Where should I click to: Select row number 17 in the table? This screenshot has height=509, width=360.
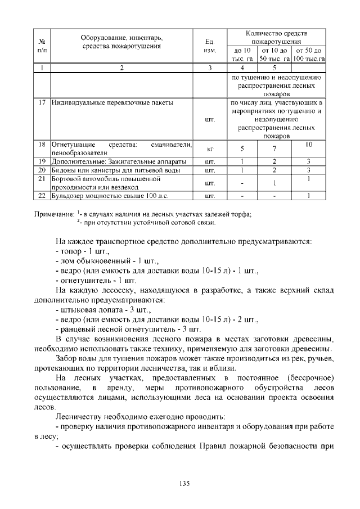(x=42, y=103)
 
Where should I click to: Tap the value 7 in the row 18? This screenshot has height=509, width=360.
(x=274, y=149)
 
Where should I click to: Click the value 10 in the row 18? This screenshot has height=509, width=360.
(x=309, y=145)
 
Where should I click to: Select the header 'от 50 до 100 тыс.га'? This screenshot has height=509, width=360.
(x=309, y=55)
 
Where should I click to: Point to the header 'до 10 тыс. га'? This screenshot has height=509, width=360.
(x=242, y=55)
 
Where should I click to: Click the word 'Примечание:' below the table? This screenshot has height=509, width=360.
(x=54, y=214)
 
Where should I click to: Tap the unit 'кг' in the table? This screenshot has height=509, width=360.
(x=209, y=149)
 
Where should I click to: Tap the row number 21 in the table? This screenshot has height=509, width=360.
(x=42, y=179)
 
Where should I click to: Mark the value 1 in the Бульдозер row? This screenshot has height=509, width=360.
(x=309, y=196)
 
